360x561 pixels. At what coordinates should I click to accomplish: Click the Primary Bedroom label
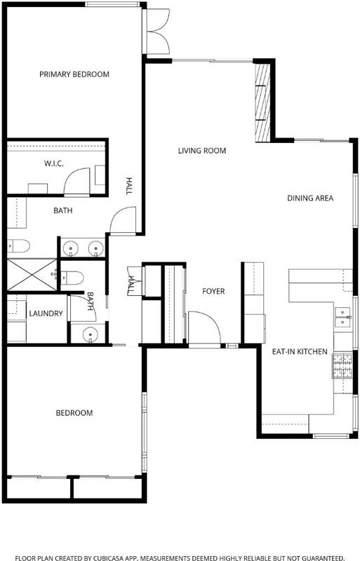74,74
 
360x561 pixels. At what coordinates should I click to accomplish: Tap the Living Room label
202,151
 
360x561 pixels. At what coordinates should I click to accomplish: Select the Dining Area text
310,198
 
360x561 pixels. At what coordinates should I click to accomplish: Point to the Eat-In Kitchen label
300,352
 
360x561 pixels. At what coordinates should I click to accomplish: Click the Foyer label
213,292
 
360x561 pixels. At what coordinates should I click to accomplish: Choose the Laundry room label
46,313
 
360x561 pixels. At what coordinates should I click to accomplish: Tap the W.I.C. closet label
54,164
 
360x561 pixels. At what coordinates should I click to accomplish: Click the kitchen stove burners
342,365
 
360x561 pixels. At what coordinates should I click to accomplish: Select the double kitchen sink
342,318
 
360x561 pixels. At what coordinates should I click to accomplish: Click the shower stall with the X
32,275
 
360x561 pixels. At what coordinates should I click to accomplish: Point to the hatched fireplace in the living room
262,102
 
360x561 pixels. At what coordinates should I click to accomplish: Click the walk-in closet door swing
77,181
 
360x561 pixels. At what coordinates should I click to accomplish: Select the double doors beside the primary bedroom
158,32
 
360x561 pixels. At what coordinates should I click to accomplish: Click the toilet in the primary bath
18,246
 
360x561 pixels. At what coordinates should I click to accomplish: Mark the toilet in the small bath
72,278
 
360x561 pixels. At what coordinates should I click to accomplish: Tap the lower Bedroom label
74,413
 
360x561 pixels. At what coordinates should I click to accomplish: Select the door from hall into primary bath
123,221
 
